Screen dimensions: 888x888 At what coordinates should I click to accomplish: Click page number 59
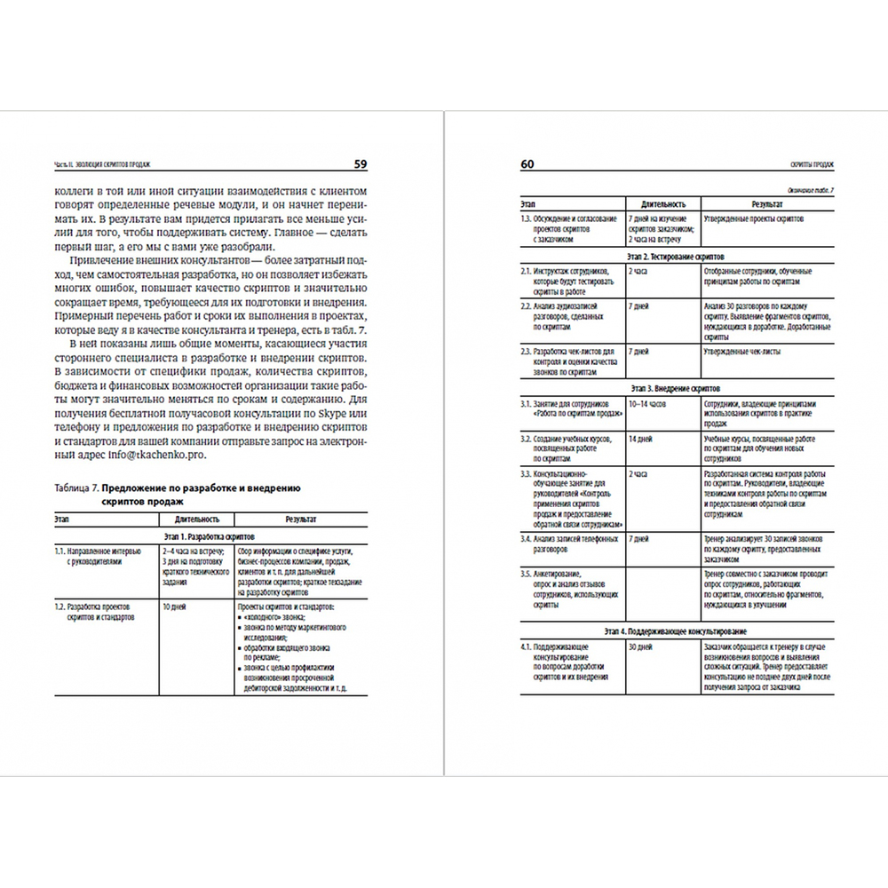click(361, 163)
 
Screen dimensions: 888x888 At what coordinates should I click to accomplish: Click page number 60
click(527, 163)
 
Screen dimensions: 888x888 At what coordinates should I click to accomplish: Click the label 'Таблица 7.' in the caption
click(75, 488)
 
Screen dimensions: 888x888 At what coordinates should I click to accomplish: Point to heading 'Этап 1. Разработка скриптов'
click(210, 538)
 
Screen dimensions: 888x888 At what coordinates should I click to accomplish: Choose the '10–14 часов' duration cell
click(647, 404)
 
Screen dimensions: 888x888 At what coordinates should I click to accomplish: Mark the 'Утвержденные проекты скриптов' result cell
click(751, 218)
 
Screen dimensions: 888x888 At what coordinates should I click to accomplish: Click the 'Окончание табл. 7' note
click(814, 192)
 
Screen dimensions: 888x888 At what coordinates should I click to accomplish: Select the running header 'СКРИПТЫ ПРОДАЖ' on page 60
click(818, 165)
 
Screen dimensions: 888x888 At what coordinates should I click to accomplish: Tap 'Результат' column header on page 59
click(302, 519)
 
